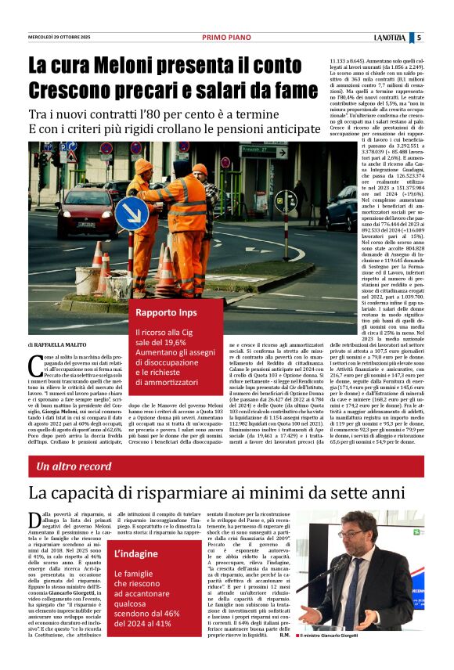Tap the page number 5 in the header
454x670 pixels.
419,38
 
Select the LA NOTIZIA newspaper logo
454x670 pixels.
388,38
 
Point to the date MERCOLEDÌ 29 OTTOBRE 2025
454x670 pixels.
59,38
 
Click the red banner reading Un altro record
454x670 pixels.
74,466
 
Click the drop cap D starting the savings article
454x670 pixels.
34,521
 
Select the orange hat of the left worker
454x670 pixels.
143,166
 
